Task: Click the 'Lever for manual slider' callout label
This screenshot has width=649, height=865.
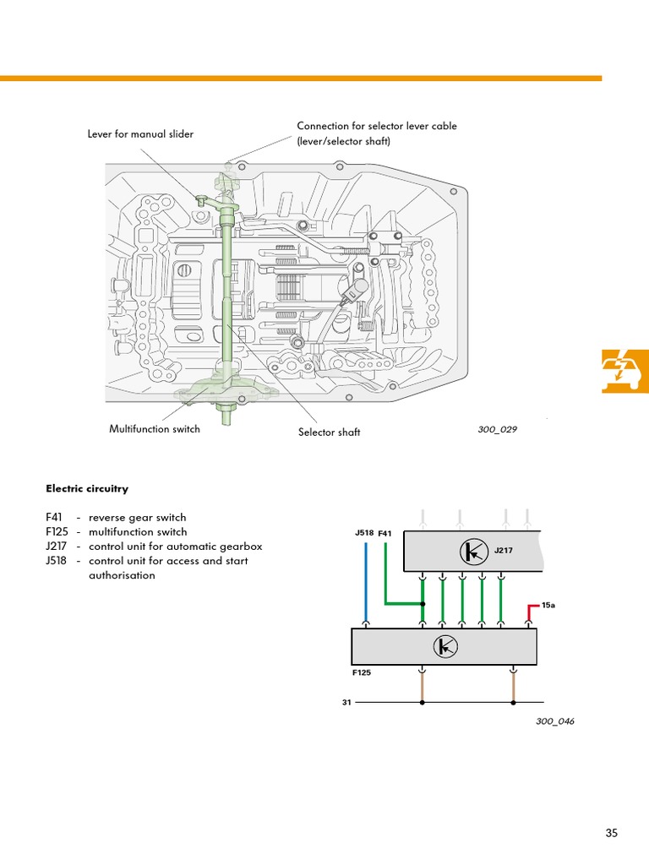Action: click(140, 134)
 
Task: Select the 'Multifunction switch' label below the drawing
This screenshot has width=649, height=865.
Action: click(155, 429)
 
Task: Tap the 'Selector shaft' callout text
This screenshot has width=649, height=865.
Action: click(329, 432)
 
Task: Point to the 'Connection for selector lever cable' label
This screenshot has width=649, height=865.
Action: click(377, 127)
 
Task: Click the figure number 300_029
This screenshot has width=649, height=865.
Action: click(497, 429)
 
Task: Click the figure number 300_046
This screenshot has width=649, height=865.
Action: click(554, 721)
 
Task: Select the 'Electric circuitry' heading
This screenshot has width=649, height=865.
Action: click(87, 488)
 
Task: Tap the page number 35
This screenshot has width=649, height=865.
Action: click(612, 834)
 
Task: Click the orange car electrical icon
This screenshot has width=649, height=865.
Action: click(625, 371)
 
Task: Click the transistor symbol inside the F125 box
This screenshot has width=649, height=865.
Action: click(444, 647)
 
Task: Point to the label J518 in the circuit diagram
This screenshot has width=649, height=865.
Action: click(364, 534)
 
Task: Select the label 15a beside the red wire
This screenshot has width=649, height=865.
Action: click(548, 606)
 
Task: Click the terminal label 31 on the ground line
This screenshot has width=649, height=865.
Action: click(346, 702)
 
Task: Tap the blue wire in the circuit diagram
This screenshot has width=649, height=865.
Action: click(366, 583)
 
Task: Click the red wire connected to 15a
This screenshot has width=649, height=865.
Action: click(530, 613)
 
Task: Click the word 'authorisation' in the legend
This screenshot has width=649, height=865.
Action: click(122, 575)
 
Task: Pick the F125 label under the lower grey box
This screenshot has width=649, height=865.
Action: click(362, 674)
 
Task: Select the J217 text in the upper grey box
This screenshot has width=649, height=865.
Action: click(504, 551)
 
